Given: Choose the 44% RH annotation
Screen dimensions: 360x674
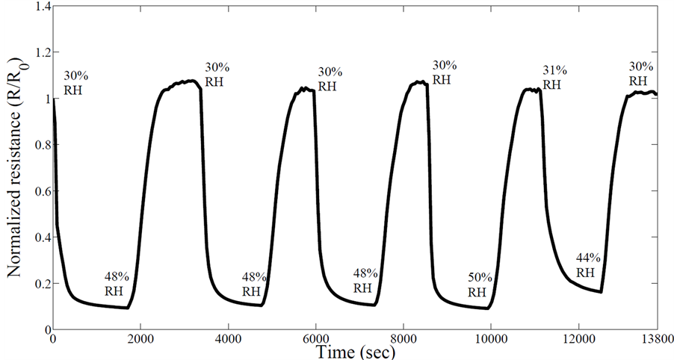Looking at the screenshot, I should click(586, 265).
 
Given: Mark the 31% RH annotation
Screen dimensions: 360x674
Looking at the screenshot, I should click(554, 78).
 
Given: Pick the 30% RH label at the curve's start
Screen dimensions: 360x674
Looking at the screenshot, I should click(74, 83).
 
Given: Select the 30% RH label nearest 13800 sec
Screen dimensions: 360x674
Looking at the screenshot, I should click(640, 73).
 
